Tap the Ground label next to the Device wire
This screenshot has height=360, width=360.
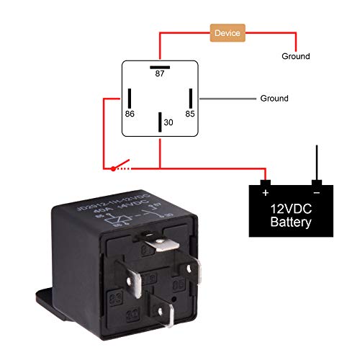[295, 56]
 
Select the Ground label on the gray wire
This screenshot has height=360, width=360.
[274, 98]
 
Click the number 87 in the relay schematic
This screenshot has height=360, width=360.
[159, 73]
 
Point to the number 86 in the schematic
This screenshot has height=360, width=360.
[130, 113]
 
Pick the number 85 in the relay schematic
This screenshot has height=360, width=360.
[190, 113]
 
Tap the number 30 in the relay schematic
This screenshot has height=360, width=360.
[168, 123]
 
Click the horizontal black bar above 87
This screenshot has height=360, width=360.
[159, 65]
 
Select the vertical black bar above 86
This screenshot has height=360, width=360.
[130, 98]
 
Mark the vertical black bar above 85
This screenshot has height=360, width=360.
[190, 98]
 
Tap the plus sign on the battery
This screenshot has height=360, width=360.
[266, 193]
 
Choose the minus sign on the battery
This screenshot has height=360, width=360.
[315, 193]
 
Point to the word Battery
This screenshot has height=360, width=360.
[291, 222]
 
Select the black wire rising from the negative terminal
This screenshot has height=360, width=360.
[315, 162]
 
